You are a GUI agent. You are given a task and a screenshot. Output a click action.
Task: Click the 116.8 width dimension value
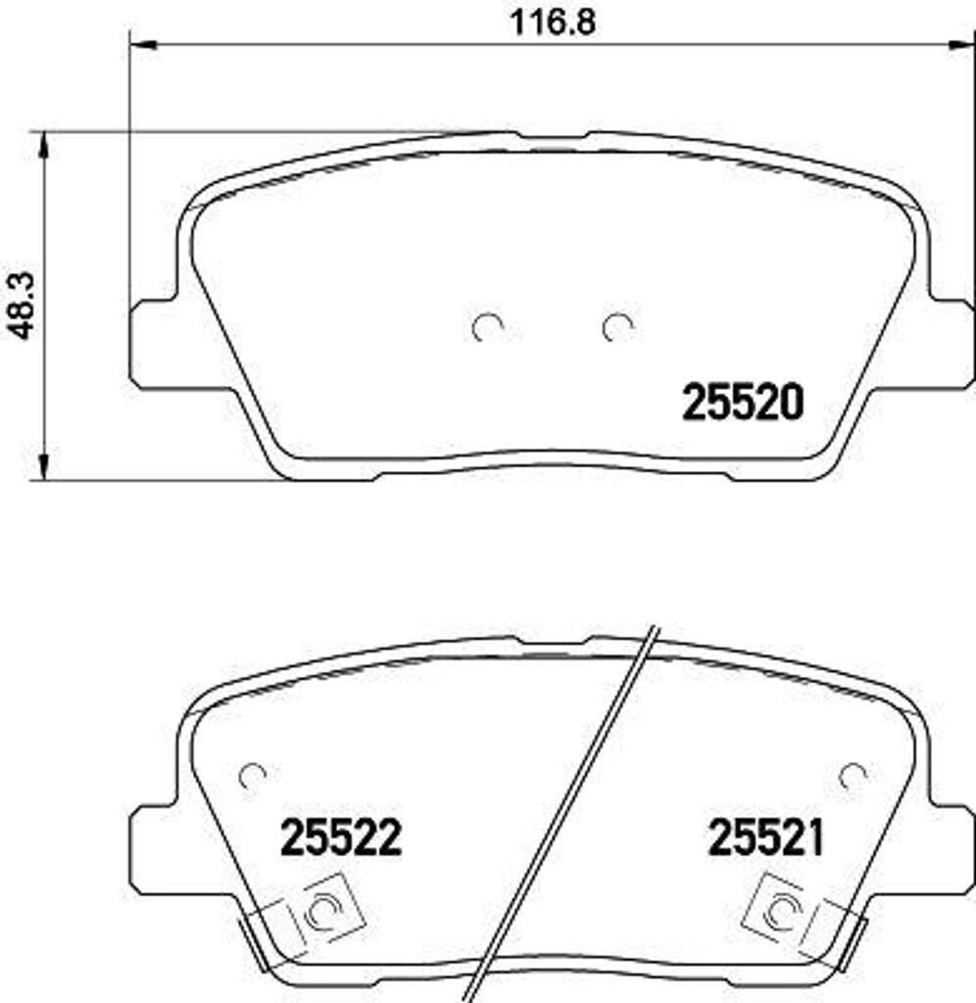553,24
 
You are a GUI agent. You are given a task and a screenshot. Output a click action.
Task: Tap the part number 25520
743,403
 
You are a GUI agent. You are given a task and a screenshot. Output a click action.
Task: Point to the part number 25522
341,838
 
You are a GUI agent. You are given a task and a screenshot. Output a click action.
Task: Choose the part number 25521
766,838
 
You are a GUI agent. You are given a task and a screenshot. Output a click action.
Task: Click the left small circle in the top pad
487,327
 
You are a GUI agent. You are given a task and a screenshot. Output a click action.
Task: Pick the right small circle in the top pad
617,327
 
